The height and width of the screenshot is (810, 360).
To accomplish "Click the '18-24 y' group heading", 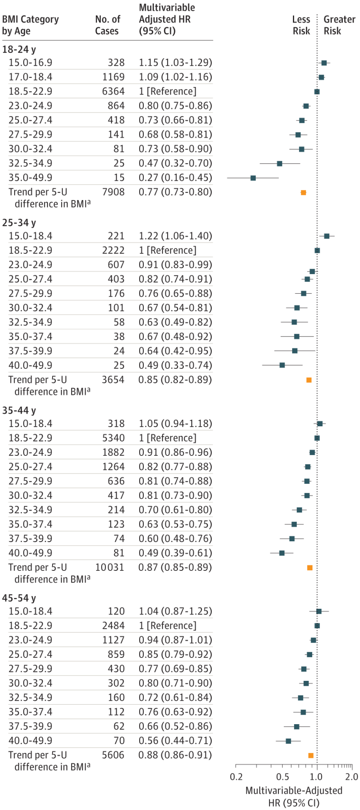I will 19,50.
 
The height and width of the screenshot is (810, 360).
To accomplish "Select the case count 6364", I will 113,91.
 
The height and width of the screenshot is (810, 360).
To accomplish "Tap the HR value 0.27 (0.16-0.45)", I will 175,177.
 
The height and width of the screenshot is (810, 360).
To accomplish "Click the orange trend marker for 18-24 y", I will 303,192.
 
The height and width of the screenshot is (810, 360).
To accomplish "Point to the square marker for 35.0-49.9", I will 253,178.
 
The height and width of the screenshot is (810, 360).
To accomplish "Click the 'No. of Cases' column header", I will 107,25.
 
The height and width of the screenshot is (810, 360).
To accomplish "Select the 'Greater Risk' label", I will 339,25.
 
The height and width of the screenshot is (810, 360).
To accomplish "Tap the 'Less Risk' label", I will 301,25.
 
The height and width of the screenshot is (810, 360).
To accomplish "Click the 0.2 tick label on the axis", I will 236,777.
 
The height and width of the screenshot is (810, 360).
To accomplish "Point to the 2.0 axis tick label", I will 352,777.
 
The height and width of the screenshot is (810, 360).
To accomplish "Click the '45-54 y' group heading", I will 19,598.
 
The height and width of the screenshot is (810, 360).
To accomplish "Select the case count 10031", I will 110,567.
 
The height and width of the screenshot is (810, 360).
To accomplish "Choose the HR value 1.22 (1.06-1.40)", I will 175,236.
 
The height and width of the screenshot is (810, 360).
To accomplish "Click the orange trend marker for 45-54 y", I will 310,755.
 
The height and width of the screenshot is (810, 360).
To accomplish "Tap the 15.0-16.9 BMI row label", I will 30,62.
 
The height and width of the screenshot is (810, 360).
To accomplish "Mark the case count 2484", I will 113,626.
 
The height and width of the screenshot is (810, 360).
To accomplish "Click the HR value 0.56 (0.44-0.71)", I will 175,741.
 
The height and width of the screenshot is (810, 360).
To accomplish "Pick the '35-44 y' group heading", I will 19,411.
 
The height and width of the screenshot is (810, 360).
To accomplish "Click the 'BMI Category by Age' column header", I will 30,25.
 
